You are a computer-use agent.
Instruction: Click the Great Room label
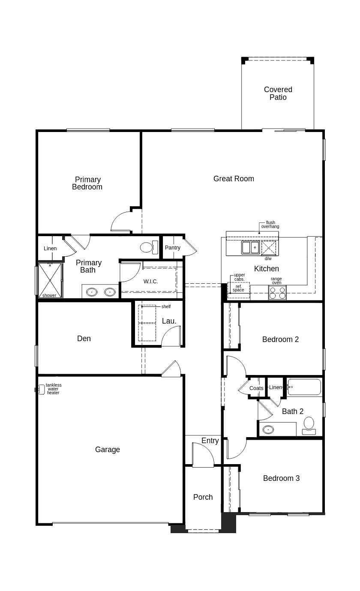coord(234,179)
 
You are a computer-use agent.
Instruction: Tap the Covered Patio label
coord(278,93)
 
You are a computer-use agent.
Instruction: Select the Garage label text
coord(108,449)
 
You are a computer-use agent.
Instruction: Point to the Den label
coord(84,339)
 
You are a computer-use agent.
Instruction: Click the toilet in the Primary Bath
coord(149,247)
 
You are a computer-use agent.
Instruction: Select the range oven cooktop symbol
coord(277,293)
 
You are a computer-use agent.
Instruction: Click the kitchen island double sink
coord(250,247)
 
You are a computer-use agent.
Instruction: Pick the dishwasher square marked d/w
coord(268,248)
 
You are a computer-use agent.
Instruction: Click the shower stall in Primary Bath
coord(50,280)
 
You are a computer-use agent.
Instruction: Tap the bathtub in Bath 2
coord(304,387)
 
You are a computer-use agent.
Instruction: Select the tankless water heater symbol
coord(40,390)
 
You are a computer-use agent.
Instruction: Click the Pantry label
coord(173,247)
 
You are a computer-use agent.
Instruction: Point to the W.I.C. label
coord(151,282)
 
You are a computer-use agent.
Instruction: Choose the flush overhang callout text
coord(270,225)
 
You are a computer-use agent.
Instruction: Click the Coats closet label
coord(256,388)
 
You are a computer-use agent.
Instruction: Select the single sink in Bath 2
coord(268,429)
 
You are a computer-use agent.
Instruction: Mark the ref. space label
coord(238,288)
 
